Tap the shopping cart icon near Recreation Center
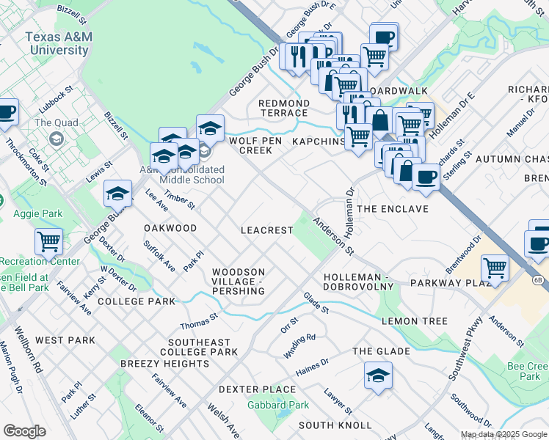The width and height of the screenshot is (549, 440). click(x=48, y=241)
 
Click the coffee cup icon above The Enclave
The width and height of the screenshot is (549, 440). click(x=426, y=176)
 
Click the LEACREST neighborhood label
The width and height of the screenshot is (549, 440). click(x=267, y=230)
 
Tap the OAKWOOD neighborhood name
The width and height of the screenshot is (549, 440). click(x=170, y=228)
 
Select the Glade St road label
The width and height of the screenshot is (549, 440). click(x=316, y=301)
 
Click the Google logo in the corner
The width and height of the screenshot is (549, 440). click(x=24, y=431)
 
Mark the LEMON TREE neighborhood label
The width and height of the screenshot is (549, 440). click(x=414, y=321)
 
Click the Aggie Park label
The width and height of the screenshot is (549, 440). click(x=37, y=214)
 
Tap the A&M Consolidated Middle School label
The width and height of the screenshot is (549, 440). click(x=182, y=175)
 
